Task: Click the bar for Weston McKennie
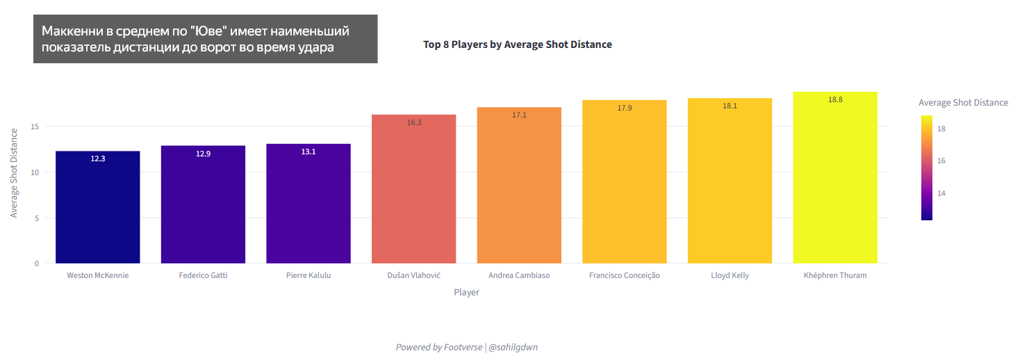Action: click(97, 208)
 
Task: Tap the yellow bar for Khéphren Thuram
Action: click(834, 181)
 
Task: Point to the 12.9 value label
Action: click(203, 154)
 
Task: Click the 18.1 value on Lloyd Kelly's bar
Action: click(730, 106)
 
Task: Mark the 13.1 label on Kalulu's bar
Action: click(308, 152)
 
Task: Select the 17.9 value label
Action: click(625, 108)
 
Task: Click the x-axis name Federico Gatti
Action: click(203, 275)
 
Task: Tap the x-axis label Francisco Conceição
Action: click(625, 275)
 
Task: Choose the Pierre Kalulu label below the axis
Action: click(308, 275)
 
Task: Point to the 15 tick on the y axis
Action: click(35, 126)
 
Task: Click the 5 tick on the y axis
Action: click(37, 218)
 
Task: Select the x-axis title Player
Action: click(466, 293)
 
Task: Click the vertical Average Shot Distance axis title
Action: click(14, 172)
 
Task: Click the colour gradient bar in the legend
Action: click(927, 167)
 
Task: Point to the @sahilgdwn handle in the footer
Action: click(513, 347)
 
